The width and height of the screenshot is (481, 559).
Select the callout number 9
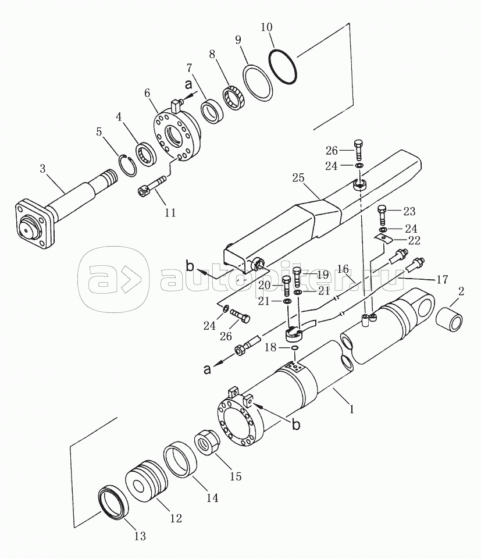coord(238,40)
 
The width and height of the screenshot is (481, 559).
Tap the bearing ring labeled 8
coord(233,97)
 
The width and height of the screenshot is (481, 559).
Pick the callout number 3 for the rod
coord(43,168)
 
